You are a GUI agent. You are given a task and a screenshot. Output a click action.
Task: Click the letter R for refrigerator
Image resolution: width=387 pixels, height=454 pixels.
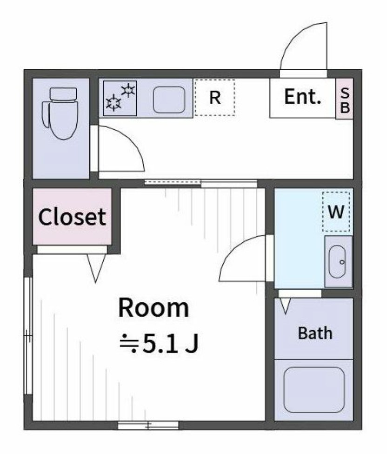(x=214, y=98)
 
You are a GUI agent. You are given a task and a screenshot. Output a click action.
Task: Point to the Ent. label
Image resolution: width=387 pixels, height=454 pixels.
(x=303, y=97)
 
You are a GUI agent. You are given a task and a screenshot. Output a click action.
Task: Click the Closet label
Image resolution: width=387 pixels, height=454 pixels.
(x=72, y=217)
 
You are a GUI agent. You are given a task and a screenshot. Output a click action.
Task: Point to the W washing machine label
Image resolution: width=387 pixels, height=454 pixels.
(x=336, y=212)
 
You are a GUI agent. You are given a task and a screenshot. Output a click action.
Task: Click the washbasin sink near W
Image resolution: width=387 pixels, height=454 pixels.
(x=338, y=261)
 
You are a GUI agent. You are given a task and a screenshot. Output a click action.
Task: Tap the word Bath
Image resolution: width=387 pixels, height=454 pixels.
(x=315, y=333)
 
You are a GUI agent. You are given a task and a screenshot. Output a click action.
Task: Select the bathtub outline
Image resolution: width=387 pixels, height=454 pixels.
(x=314, y=390)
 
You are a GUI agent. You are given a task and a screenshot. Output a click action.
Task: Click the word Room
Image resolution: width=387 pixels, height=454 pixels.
(x=153, y=308)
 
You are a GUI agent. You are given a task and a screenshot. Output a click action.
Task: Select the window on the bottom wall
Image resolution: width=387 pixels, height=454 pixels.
(x=148, y=425)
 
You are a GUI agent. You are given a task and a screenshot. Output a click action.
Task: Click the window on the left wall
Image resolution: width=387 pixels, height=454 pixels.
(x=28, y=335)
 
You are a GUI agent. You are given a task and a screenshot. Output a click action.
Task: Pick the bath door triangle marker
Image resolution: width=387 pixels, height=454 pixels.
(x=285, y=305)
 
